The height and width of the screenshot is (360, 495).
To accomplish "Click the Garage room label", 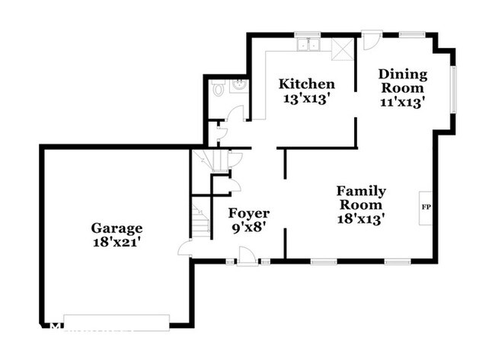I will pyautogui.click(x=117, y=228).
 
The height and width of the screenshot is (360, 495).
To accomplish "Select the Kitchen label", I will pyautogui.click(x=305, y=84).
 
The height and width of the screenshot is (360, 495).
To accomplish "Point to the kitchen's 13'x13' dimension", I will pyautogui.click(x=305, y=98).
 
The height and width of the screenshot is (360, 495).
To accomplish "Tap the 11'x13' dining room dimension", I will pyautogui.click(x=403, y=101).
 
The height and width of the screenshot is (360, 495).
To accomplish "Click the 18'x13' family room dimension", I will pyautogui.click(x=361, y=219).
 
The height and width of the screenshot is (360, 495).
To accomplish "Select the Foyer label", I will pyautogui.click(x=249, y=213).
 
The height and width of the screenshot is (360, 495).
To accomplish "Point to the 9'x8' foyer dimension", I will pyautogui.click(x=249, y=227).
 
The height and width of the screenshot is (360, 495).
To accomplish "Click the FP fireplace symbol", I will pyautogui.click(x=425, y=206).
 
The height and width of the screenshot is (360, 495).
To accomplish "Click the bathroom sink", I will pyautogui.click(x=238, y=87).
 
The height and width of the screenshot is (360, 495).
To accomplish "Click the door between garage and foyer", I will pyautogui.click(x=186, y=248).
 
